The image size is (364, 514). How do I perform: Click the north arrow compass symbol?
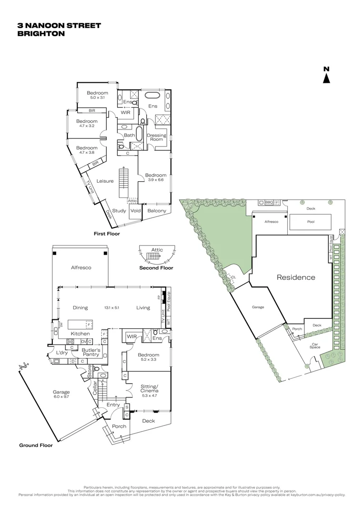(x=326, y=76)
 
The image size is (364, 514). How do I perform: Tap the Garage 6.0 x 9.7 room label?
(x=61, y=394)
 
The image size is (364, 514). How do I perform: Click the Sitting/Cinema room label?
(x=149, y=390)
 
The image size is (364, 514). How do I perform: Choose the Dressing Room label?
(x=156, y=138)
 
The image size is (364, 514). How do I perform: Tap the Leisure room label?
(x=105, y=181)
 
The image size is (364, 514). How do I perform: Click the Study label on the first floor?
(x=119, y=211)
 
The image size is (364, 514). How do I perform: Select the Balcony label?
(x=157, y=211)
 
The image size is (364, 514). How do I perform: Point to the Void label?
(x=136, y=211)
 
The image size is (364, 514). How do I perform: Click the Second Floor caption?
(x=156, y=268)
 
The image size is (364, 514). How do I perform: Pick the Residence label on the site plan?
(x=296, y=277)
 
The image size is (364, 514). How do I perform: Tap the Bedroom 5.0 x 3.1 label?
(x=97, y=95)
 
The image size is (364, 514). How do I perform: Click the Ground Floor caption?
(x=36, y=445)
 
